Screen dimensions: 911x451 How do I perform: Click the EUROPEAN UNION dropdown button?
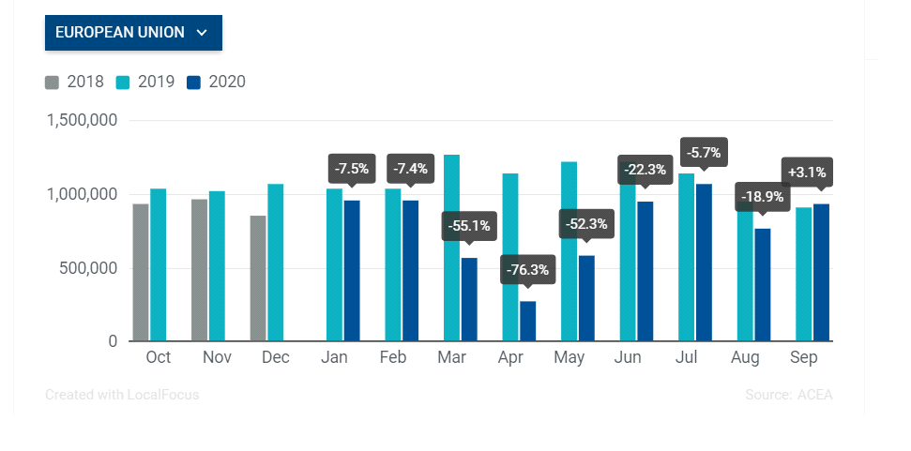click(133, 33)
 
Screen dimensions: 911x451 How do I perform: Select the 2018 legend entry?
click(74, 82)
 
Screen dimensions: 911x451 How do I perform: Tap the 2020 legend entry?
click(216, 82)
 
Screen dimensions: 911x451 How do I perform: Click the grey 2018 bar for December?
click(258, 278)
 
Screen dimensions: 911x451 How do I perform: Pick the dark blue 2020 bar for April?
click(527, 321)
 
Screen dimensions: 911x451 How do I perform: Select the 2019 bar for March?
click(451, 248)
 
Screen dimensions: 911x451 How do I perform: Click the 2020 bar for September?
click(821, 273)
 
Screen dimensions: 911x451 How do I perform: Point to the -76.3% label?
click(527, 270)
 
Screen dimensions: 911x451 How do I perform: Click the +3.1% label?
click(807, 173)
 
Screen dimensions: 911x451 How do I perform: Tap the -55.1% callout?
click(469, 226)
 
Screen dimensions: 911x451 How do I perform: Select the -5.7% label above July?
click(704, 153)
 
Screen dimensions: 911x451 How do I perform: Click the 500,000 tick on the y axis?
click(89, 269)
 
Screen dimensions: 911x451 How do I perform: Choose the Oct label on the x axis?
click(158, 357)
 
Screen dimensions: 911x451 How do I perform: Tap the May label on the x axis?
click(569, 357)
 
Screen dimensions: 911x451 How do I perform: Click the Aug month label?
click(745, 357)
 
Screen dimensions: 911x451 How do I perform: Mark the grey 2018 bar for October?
click(141, 273)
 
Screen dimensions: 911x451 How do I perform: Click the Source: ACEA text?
click(788, 396)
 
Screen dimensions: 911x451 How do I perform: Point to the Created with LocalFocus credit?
click(122, 396)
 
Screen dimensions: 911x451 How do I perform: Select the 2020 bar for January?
click(352, 271)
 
